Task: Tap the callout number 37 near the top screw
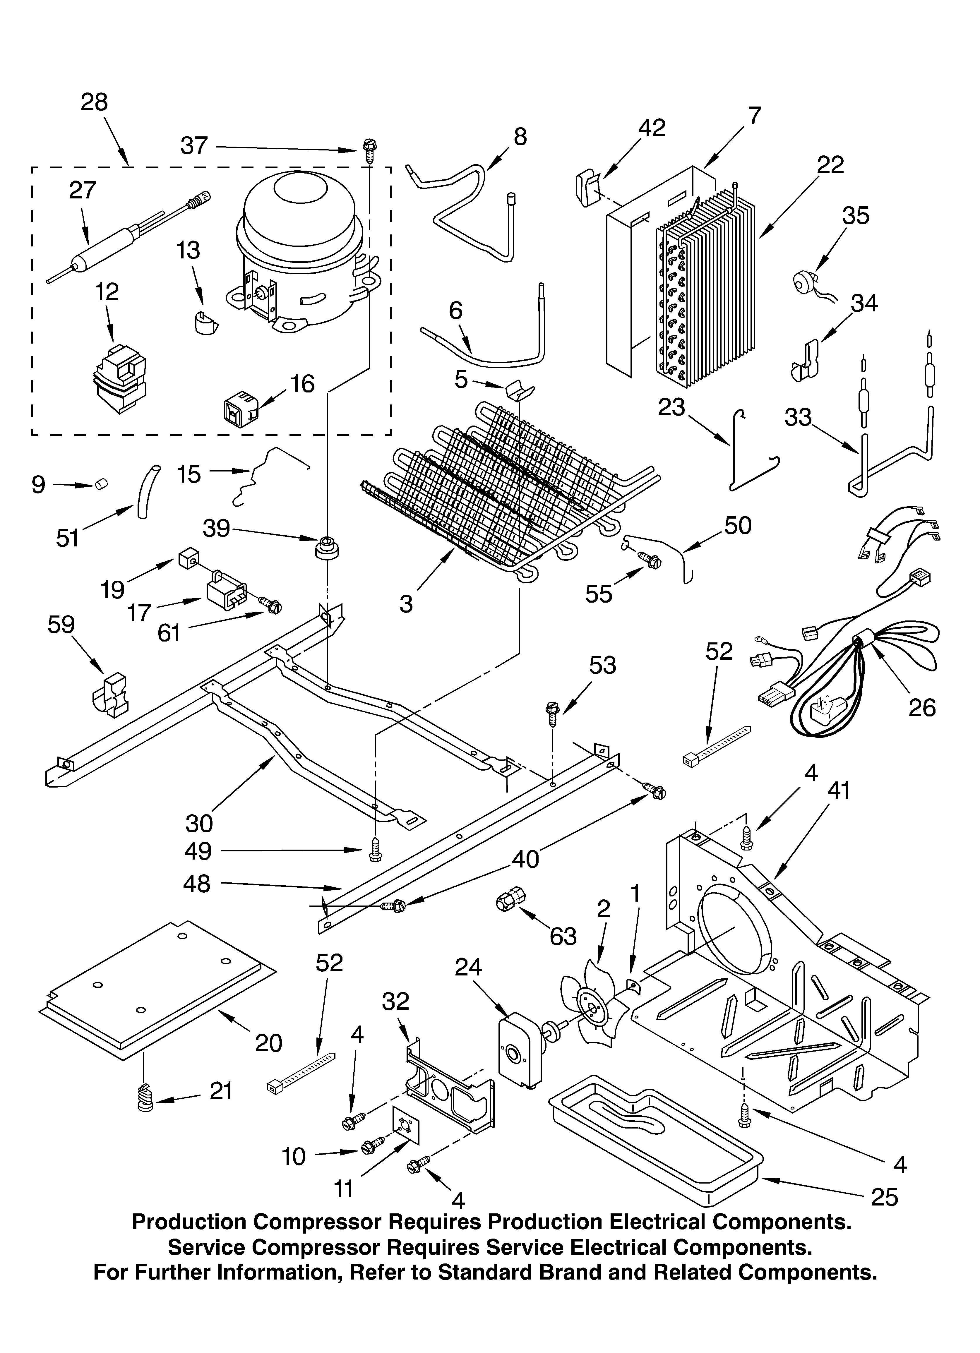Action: [194, 145]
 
